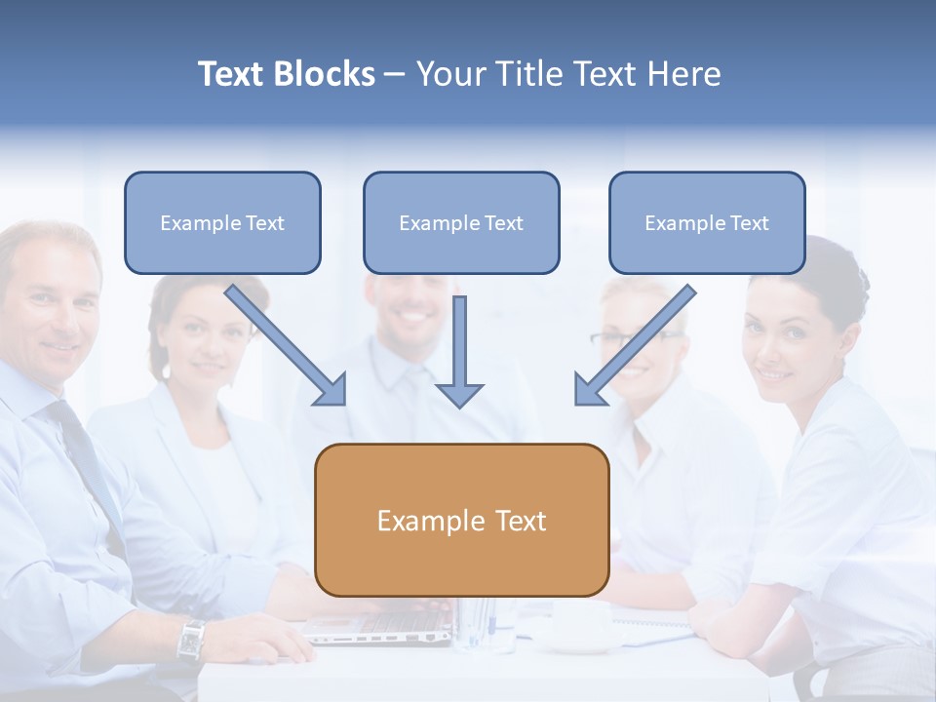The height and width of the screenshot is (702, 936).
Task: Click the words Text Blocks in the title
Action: pyautogui.click(x=286, y=74)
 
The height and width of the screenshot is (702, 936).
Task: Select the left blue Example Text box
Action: pyautogui.click(x=222, y=223)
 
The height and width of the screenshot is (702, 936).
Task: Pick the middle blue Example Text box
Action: pyautogui.click(x=461, y=223)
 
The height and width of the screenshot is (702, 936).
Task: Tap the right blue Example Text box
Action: pyautogui.click(x=707, y=223)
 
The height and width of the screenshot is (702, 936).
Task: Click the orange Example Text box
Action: pyautogui.click(x=461, y=521)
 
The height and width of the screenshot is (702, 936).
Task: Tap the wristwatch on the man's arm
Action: pyautogui.click(x=191, y=640)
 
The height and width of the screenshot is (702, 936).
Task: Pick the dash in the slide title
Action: pyautogui.click(x=395, y=74)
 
